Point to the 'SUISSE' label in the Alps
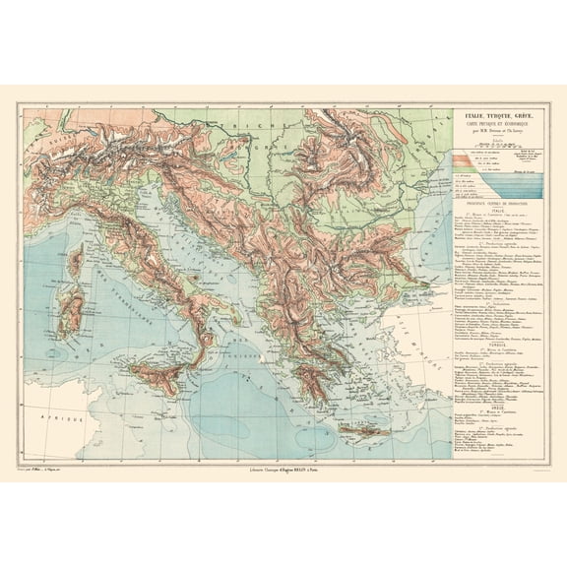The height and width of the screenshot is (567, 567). click(49, 139)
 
